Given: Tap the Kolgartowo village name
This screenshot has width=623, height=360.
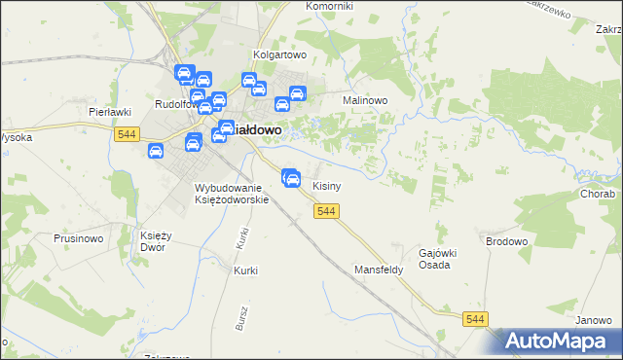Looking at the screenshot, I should coord(279,55).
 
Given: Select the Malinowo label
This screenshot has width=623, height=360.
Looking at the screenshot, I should coord(365,100).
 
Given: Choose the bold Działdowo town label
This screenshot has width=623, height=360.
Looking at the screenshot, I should coord(256,128).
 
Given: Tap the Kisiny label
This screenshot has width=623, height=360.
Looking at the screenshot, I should coord(325,185).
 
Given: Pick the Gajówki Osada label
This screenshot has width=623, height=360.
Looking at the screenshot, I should coord(438,260).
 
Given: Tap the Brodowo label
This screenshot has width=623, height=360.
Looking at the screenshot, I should coord(505,239).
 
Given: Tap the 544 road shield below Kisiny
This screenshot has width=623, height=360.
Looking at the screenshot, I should coord(326,212).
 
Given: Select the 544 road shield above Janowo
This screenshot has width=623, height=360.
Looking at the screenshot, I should coord(475,319).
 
